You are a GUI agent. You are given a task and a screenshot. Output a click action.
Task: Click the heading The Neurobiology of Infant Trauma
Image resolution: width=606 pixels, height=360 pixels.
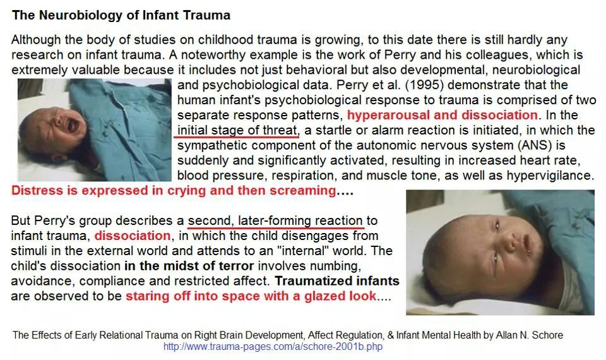pos(121,15)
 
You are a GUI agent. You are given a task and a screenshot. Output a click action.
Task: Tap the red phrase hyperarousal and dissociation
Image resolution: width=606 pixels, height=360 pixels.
pos(442,115)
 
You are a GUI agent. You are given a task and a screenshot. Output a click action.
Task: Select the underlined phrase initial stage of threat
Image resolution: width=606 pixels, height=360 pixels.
pos(237,130)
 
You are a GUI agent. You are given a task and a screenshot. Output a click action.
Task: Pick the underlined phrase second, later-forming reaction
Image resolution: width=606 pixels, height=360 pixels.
pos(275,221)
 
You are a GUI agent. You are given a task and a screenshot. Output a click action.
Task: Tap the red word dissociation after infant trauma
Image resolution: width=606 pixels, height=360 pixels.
pos(133,236)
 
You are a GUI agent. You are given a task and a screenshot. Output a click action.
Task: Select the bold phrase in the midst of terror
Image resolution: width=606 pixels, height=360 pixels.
pos(189,266)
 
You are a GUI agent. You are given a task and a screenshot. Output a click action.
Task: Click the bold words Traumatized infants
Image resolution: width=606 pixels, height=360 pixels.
pos(337,280)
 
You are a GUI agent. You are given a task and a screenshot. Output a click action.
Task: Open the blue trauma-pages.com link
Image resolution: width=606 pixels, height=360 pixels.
pos(273,346)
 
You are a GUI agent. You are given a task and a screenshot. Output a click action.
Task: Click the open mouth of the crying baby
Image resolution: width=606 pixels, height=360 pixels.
pos(72,125)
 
